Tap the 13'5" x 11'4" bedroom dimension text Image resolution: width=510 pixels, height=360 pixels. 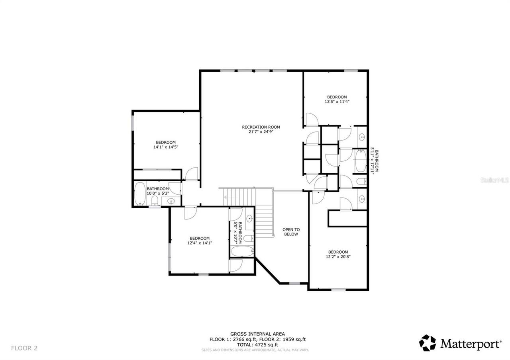coord(337,102)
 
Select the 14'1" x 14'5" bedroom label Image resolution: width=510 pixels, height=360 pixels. coord(166,147)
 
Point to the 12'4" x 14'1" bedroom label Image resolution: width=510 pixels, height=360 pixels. coord(200,243)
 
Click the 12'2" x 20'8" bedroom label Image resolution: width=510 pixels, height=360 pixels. coord(338,257)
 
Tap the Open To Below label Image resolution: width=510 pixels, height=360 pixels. coord(291,232)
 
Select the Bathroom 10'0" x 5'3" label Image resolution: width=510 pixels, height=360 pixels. coord(158,191)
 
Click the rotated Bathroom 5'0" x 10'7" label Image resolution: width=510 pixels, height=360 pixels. coord(237,233)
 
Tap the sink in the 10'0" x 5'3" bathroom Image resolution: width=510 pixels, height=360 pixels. coord(171,201)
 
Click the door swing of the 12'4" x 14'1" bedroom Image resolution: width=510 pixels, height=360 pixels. coord(190,213)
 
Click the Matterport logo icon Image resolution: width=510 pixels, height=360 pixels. coord(428,343)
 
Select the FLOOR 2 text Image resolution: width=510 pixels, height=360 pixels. coord(24,348)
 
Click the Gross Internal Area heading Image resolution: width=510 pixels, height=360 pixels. coord(257,334)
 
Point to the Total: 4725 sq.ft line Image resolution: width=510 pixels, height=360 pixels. coord(257,344)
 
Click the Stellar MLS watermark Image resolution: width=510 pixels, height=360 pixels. coord(494,180)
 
